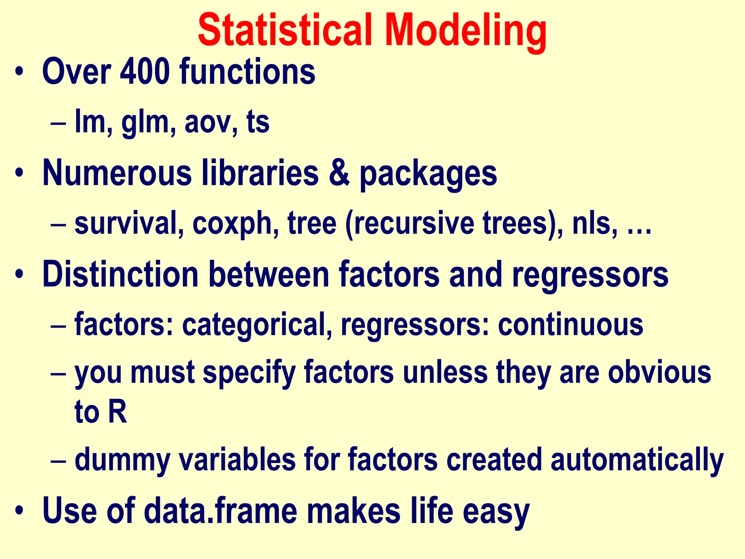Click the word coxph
233,224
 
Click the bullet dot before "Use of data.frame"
19,511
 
